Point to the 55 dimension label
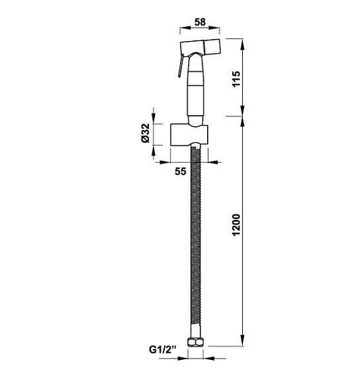pos(179,172)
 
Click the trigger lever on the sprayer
pos(178,66)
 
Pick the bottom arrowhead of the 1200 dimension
pos(244,344)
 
